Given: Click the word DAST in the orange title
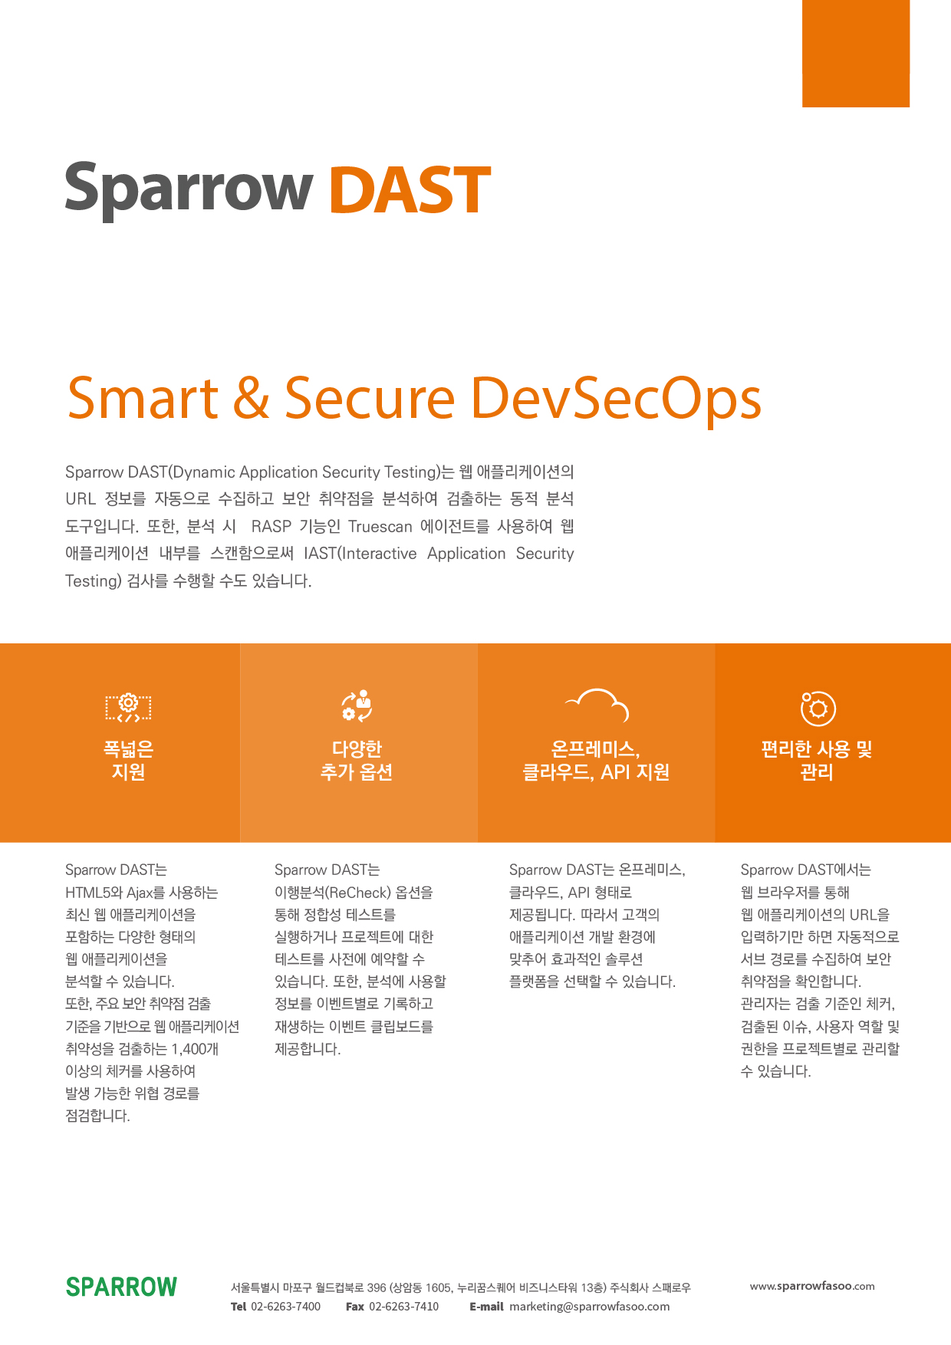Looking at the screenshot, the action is point(410,189).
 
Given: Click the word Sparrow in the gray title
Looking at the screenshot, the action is point(189,191).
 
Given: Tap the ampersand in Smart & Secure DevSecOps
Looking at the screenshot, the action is point(252,398).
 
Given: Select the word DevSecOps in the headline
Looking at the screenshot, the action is point(617,400).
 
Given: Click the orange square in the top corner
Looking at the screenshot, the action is point(856,53).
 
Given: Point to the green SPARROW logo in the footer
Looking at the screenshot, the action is point(121,1287).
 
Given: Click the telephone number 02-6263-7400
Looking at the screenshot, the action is point(285,1307).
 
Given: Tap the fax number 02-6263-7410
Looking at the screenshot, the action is point(404,1307).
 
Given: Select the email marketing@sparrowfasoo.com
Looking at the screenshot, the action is point(590,1307).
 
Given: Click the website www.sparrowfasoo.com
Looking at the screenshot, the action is point(812,1286).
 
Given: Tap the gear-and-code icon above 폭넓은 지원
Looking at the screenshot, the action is point(128,707).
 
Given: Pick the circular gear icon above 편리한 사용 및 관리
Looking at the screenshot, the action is point(818,708).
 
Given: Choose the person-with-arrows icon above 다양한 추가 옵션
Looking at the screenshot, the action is point(357,705).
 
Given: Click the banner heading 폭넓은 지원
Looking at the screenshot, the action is point(128,760).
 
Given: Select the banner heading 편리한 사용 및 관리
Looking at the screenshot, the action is point(817,760).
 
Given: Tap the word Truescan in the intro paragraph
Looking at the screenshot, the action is point(380,527).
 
